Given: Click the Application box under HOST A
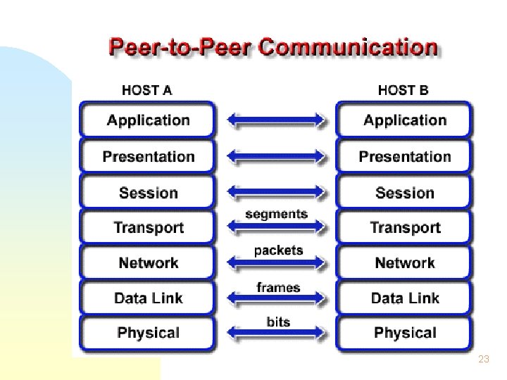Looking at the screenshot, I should click(x=148, y=120).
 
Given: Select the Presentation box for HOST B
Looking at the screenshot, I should click(x=404, y=156).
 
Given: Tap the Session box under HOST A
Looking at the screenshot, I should click(x=148, y=192).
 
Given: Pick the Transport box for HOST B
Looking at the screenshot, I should click(x=404, y=227).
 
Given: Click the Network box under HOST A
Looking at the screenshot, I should click(x=148, y=262).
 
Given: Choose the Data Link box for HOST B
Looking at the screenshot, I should click(x=404, y=298).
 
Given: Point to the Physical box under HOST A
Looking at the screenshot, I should click(x=148, y=332).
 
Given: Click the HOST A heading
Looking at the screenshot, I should click(x=146, y=90).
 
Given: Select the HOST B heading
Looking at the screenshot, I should click(x=403, y=90).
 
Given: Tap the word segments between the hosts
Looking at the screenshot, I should click(x=276, y=213).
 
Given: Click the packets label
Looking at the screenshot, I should click(x=278, y=250).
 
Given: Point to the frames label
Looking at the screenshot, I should click(x=278, y=287).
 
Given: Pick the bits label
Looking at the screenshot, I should click(x=278, y=322).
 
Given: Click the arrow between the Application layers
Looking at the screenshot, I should click(x=277, y=121).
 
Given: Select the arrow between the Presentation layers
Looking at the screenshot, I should click(x=277, y=156).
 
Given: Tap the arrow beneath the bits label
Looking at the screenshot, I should click(x=277, y=335).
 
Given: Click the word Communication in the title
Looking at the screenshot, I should click(x=349, y=48).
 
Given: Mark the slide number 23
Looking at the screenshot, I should click(x=483, y=359).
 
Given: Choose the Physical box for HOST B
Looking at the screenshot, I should click(x=404, y=332).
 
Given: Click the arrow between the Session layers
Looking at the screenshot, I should click(x=277, y=191).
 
